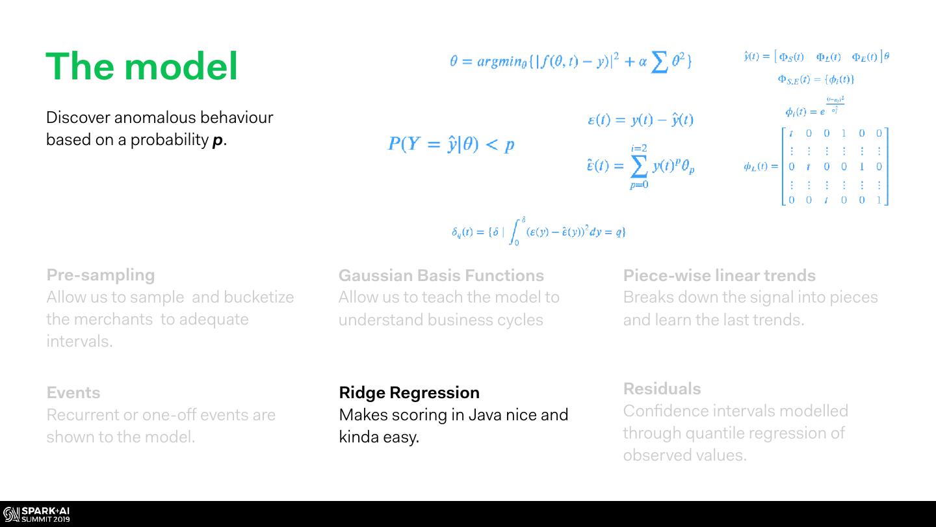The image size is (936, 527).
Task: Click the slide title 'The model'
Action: coord(142,66)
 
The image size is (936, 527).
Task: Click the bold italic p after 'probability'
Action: coord(218,141)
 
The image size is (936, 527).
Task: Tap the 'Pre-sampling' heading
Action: coord(101,275)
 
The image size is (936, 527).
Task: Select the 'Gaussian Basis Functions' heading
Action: coord(441,275)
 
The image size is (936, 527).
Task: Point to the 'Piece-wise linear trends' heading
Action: coord(719,275)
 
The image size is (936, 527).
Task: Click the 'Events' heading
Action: coord(73,392)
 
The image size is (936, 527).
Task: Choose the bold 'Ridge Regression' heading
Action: coord(409,392)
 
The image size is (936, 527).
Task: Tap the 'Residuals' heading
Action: coord(662,388)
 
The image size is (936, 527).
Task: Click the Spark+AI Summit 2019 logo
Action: coord(36,515)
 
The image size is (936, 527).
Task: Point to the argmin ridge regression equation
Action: coord(570,62)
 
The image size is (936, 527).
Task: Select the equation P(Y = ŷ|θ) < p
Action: coord(451,144)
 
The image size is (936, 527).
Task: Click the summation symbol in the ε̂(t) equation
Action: coord(639,167)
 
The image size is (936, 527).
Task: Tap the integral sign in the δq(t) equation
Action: coord(517,232)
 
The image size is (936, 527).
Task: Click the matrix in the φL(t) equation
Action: coord(835,167)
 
